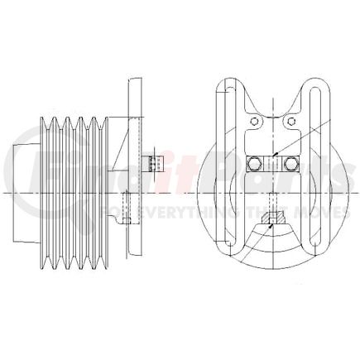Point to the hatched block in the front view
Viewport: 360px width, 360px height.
(x=274, y=218)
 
